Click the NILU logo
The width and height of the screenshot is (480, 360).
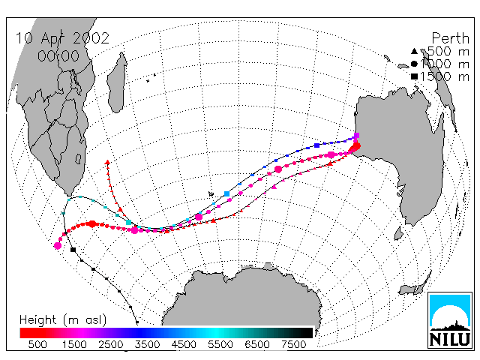pos(450,320)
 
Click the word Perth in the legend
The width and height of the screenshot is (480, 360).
pos(450,38)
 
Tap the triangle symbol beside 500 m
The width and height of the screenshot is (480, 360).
pos(414,51)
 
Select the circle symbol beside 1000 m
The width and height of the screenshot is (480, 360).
pos(414,64)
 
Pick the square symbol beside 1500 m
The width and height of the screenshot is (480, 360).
pos(414,76)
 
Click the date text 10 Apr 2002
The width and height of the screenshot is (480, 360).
pos(62,38)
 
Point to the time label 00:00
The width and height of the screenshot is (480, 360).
pos(58,56)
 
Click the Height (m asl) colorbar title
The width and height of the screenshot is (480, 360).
pos(63,320)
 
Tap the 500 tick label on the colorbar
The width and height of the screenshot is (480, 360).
pos(37,344)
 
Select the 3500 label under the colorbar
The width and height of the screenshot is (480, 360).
pos(147,344)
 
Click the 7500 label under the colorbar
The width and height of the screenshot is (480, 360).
pos(293,344)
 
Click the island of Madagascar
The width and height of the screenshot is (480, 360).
pos(117,82)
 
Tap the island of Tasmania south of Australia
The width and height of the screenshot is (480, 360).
pos(398,233)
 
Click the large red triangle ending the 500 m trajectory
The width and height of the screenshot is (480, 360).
pos(107,162)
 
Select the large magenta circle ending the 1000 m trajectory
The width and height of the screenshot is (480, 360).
pos(58,245)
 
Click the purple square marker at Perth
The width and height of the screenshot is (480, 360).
pos(357,135)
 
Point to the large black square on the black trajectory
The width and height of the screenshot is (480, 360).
pos(73,250)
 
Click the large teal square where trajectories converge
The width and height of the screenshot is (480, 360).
pos(128,222)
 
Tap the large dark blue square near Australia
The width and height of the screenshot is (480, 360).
pos(316,145)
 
